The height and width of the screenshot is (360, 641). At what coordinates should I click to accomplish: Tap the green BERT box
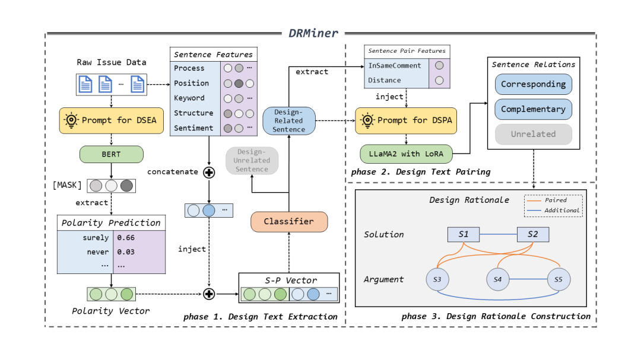tap(111, 154)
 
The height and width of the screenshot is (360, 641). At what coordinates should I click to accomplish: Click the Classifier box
tap(289, 221)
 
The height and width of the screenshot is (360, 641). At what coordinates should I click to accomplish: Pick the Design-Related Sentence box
tap(288, 120)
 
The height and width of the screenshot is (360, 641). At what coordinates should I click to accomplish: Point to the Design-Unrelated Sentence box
tap(252, 160)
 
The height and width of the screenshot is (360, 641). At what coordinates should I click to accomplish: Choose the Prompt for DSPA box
tap(405, 120)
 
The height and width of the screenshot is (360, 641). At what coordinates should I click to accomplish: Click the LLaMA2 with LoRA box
tap(405, 155)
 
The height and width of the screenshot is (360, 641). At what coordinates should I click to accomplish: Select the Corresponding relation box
tap(533, 84)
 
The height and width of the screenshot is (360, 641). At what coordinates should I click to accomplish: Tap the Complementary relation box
tap(533, 109)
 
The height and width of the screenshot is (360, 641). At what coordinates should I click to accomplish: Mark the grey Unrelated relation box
tap(533, 134)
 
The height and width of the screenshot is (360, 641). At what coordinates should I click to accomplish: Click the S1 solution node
tap(464, 234)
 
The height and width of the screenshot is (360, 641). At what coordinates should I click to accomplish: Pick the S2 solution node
tap(532, 234)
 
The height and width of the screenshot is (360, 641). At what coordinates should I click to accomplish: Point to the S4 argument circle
tap(497, 279)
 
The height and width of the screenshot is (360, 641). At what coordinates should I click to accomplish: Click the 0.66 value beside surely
tap(125, 238)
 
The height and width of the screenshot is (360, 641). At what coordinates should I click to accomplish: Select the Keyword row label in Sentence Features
tap(189, 98)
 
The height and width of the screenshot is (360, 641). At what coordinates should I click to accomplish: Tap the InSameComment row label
tap(395, 65)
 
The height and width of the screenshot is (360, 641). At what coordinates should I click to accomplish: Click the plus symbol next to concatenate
tap(209, 171)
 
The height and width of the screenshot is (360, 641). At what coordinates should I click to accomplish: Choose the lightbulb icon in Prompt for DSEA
tap(72, 120)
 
